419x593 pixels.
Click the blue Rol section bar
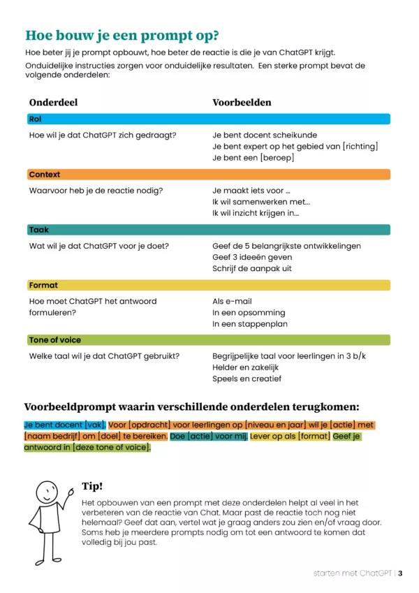tap(207, 119)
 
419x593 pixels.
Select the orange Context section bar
tap(207, 175)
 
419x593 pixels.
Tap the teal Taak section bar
tap(207, 230)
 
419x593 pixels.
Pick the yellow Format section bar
tap(207, 285)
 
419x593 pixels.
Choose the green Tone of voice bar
tap(207, 340)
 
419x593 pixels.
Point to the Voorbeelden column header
tap(242, 102)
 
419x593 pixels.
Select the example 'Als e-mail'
tap(232, 301)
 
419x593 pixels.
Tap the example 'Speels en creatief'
tap(247, 379)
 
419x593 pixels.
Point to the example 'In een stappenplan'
tap(250, 323)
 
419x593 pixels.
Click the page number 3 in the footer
tap(401, 573)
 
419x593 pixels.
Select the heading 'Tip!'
tap(92, 486)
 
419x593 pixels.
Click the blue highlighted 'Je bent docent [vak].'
tap(65, 425)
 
